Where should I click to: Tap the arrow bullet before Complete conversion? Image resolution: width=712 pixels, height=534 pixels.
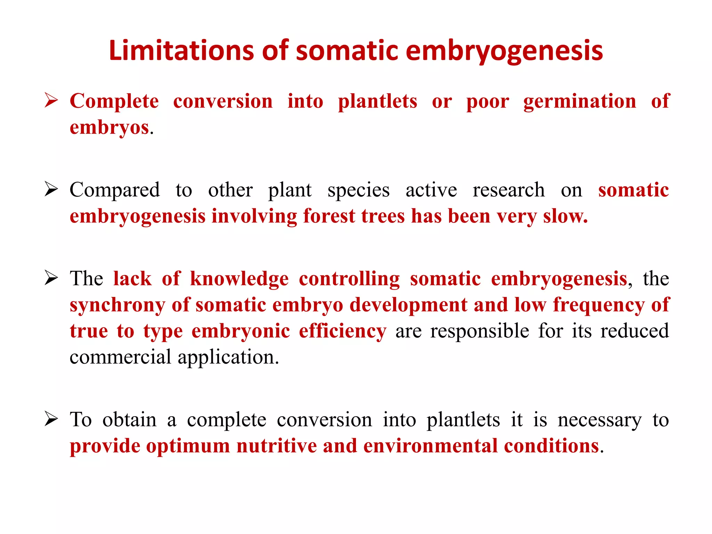click(x=51, y=101)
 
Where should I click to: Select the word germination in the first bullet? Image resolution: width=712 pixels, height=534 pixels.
click(x=580, y=102)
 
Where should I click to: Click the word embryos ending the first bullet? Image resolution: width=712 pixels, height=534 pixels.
click(x=110, y=128)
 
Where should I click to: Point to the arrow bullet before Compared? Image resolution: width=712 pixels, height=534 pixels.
click(x=51, y=189)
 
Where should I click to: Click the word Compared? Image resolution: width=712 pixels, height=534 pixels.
click(x=115, y=191)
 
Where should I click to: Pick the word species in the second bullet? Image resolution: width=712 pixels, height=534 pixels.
click(x=358, y=191)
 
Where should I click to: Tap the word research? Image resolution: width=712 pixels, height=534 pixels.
click(x=508, y=190)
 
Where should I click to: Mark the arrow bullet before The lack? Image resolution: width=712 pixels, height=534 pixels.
click(x=51, y=278)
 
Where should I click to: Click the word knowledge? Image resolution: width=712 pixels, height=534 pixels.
click(x=239, y=279)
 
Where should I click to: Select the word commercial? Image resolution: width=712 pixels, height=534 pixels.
click(x=120, y=357)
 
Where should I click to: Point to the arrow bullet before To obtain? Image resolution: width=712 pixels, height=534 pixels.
click(x=51, y=419)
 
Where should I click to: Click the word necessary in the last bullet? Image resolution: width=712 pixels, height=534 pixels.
click(x=599, y=420)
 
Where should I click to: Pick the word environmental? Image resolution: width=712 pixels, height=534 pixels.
click(x=430, y=446)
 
